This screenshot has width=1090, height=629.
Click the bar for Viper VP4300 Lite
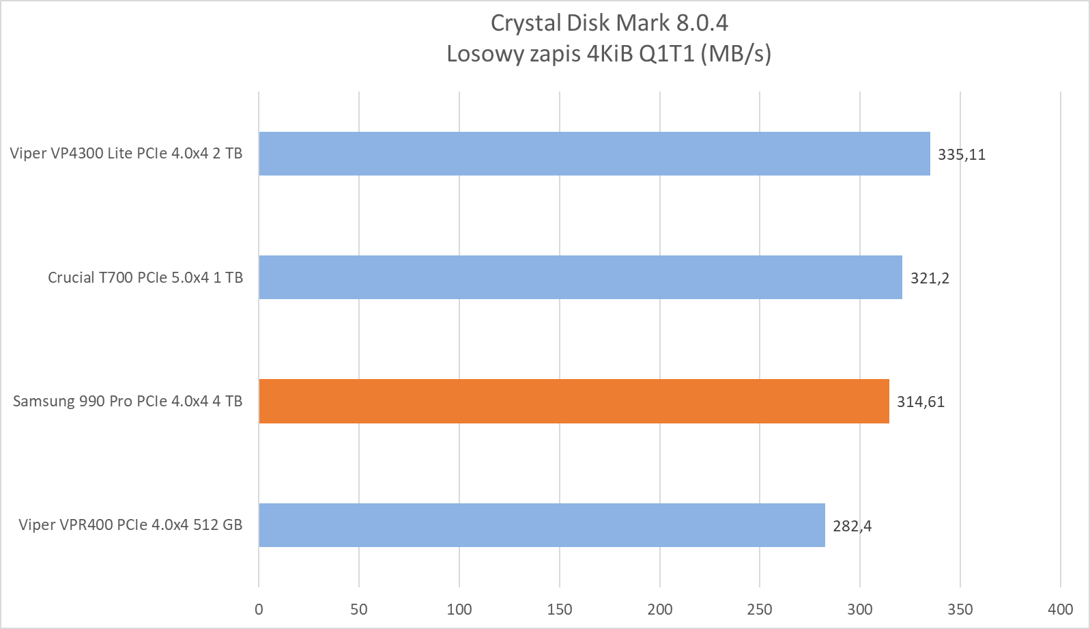594,154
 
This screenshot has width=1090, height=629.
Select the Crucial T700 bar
580,277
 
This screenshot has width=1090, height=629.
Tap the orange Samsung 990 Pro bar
573,401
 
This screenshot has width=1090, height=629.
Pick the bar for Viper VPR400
541,525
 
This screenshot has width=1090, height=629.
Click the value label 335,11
962,154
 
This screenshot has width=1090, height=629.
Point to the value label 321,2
930,278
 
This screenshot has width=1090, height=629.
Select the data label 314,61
921,402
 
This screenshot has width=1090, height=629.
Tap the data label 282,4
852,526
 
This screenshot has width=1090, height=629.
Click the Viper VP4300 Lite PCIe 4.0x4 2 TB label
126,154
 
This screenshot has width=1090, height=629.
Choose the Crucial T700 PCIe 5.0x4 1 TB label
145,277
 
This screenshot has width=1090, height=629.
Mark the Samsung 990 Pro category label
128,401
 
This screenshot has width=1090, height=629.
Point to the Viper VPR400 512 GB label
130,525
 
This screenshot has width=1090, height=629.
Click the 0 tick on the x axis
259,609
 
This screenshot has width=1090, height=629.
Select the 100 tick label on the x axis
459,609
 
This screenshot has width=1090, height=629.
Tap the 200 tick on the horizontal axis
660,609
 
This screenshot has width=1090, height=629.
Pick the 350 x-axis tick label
960,609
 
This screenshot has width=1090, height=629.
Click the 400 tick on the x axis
1061,609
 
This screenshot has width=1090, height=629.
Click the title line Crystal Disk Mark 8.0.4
609,23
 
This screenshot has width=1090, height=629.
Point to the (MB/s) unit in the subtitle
736,53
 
